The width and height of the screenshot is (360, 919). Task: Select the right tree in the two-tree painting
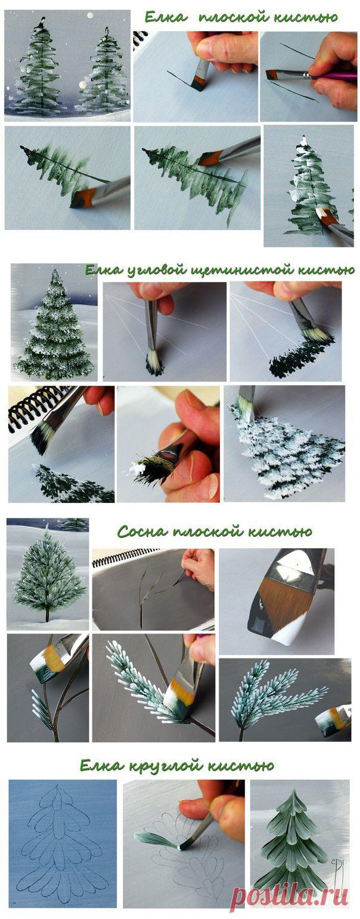point(104,72)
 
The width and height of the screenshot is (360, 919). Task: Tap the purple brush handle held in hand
point(334,76)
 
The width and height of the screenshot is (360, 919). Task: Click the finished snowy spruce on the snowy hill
point(54,328)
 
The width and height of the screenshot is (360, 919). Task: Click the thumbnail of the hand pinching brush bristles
point(168,443)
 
